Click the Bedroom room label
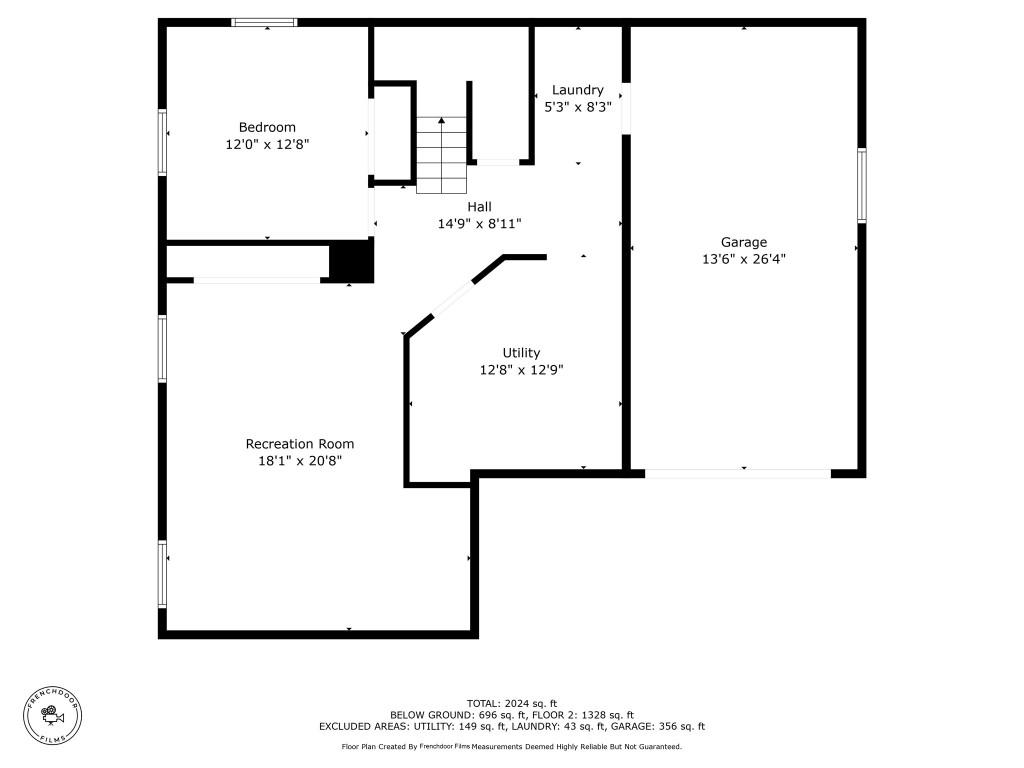coord(267,127)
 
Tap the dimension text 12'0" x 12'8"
coord(267,144)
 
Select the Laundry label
coord(577,90)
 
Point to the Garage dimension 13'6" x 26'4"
coord(744,258)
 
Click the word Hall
coord(479,207)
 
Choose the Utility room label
coord(521,353)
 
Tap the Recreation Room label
coord(300,444)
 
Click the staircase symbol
coord(441,155)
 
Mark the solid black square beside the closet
coord(351,262)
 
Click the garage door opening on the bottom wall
coord(737,473)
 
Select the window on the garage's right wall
coord(861,185)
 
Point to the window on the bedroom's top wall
coord(265,22)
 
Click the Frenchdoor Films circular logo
coord(53,715)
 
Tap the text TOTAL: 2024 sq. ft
coord(512,703)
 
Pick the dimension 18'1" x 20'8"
coord(300,461)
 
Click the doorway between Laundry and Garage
coord(626,107)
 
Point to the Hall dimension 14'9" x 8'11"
coord(479,224)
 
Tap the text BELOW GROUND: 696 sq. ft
coord(451,715)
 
